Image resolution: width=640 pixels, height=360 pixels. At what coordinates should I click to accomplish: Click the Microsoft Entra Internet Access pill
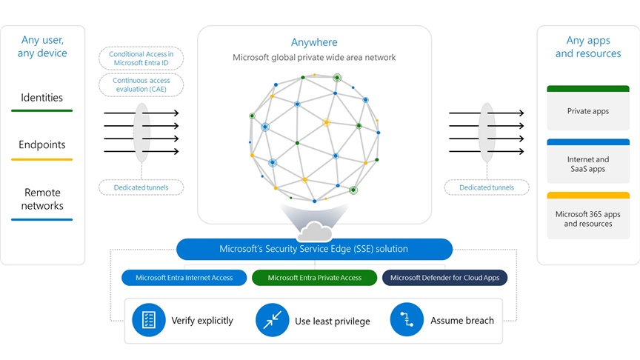pyautogui.click(x=184, y=278)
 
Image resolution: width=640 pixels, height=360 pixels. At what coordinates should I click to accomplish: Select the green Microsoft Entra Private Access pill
pyautogui.click(x=314, y=278)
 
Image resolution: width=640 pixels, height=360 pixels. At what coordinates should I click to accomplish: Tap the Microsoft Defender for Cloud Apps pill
pyautogui.click(x=444, y=278)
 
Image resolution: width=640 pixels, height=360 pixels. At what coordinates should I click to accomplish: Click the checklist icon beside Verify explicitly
pyautogui.click(x=149, y=320)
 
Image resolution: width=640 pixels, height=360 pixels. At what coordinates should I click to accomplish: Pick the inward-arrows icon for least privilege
pyautogui.click(x=273, y=320)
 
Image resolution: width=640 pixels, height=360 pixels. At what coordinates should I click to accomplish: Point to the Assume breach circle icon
pyautogui.click(x=407, y=320)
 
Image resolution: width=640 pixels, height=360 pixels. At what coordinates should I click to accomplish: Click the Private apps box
pyautogui.click(x=587, y=108)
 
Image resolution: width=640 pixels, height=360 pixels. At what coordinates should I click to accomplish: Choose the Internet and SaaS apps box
pyautogui.click(x=587, y=161)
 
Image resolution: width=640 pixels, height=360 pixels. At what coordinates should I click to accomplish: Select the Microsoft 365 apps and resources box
pyautogui.click(x=587, y=216)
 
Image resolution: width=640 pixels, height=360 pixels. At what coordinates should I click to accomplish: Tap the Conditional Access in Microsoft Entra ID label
pyautogui.click(x=141, y=59)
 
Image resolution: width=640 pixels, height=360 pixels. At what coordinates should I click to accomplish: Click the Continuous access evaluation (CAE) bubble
pyautogui.click(x=141, y=85)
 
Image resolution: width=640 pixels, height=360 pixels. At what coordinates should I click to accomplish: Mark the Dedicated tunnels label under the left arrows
pyautogui.click(x=141, y=187)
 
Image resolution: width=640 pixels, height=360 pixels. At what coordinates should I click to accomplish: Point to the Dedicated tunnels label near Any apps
pyautogui.click(x=487, y=187)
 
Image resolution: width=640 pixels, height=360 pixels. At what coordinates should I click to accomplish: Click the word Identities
pyautogui.click(x=41, y=98)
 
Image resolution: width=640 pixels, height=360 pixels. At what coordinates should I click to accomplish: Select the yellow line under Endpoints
pyautogui.click(x=41, y=159)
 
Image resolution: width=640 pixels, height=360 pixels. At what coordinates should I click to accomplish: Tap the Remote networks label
pyautogui.click(x=42, y=199)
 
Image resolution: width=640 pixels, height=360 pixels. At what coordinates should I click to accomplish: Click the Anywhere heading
pyautogui.click(x=314, y=42)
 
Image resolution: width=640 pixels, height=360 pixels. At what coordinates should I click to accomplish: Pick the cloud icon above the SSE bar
pyautogui.click(x=314, y=231)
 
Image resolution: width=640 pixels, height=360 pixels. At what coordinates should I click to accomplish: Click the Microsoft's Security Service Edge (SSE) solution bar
pyautogui.click(x=314, y=249)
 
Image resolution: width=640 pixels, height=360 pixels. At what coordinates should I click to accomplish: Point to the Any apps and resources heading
pyautogui.click(x=587, y=47)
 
